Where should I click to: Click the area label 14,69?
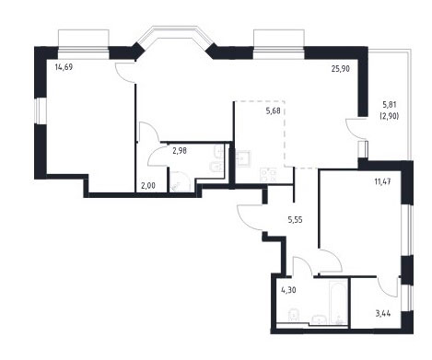tap(64, 67)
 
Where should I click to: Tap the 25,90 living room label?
tap(341, 69)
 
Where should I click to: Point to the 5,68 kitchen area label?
tap(273, 110)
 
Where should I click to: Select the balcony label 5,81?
tap(390, 105)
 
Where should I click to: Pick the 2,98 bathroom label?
tap(180, 151)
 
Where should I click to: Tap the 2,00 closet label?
tap(148, 186)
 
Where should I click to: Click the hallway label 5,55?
tap(295, 219)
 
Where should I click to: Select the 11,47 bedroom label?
tap(382, 181)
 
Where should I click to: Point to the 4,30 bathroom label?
tap(288, 290)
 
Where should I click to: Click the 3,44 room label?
tap(383, 314)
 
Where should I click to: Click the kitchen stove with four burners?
tap(268, 175)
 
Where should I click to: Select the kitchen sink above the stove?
tap(243, 158)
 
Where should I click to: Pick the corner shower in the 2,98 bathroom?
tap(181, 181)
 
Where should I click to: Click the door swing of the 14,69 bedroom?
tap(125, 73)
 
